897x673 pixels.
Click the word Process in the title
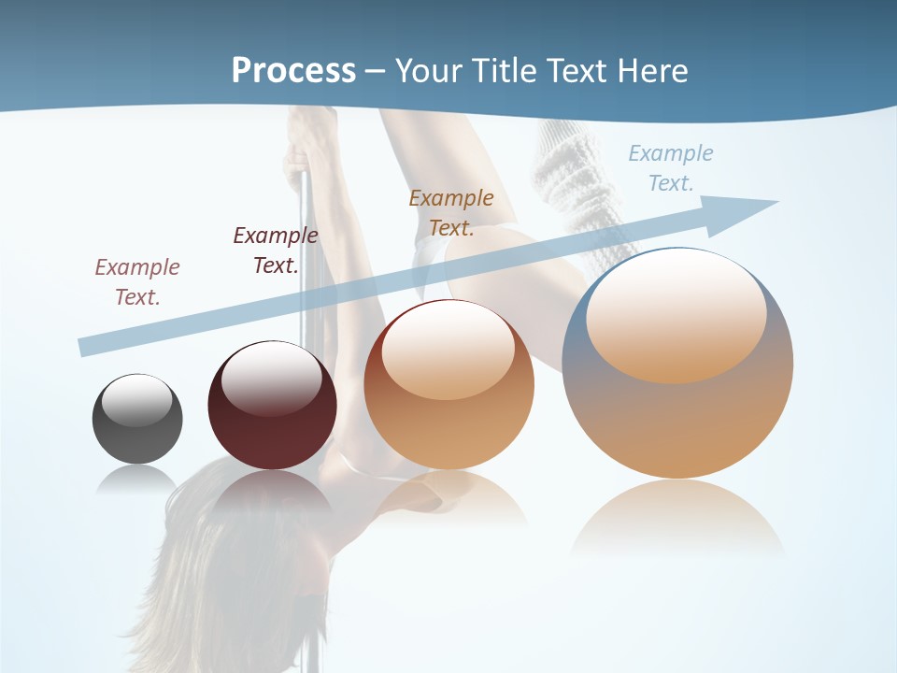coord(293,70)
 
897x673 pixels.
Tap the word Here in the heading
coord(651,70)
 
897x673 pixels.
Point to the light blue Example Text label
coord(671,168)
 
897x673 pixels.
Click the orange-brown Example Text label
coord(451,213)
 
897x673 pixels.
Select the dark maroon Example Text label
coord(276,251)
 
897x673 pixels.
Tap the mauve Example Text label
coord(137,282)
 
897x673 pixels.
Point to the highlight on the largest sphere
coord(676,318)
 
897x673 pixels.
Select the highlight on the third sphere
coord(448,351)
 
